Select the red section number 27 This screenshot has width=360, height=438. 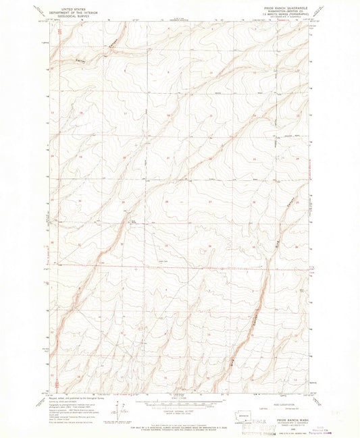click(x=210, y=201)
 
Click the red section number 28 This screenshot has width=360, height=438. click(x=166, y=201)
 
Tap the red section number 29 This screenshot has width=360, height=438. click(x=123, y=201)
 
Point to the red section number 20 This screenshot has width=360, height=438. click(x=123, y=158)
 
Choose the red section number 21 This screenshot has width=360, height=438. click(x=166, y=158)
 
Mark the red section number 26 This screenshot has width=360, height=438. click(x=254, y=201)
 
